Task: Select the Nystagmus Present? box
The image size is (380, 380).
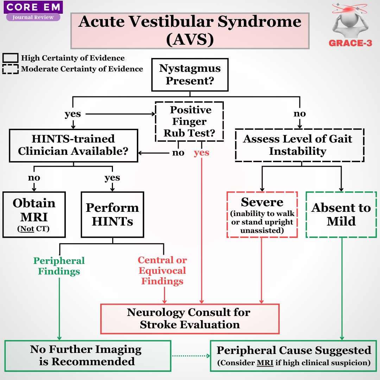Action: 190,74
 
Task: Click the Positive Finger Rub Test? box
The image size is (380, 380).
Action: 190,121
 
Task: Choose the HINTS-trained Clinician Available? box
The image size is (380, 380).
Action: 73,145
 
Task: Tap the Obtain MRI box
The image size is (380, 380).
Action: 34,214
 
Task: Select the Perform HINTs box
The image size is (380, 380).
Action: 112,214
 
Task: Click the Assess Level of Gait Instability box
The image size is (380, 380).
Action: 299,145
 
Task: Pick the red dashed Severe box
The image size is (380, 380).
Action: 262,214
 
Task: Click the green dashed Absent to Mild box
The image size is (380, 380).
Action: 341,214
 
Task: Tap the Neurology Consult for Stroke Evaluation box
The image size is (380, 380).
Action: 190,318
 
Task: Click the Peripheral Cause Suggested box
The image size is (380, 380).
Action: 293,355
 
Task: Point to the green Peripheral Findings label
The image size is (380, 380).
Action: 59,266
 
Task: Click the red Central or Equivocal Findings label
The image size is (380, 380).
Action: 162,271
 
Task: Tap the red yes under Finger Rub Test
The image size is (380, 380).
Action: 201,153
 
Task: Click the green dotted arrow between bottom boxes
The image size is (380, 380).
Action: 190,356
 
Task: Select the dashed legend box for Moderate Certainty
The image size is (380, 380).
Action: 10,69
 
